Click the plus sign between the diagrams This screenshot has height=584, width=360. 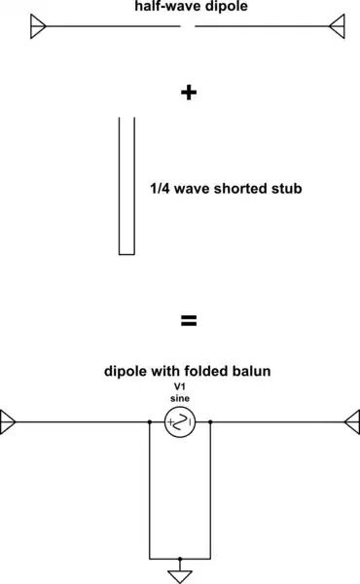click(x=189, y=92)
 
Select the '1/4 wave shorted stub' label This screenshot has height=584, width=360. click(x=227, y=187)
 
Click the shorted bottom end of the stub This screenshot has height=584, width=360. click(x=126, y=253)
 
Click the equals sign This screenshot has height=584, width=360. click(x=189, y=320)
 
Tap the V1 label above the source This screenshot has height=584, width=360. click(x=179, y=386)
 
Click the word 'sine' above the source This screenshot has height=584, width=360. click(x=179, y=399)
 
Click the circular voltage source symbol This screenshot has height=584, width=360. click(x=180, y=422)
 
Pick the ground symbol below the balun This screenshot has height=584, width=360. click(x=180, y=569)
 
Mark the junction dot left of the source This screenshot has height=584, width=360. click(x=149, y=422)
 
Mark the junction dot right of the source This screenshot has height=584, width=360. click(x=211, y=422)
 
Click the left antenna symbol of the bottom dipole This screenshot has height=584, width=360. click(x=9, y=422)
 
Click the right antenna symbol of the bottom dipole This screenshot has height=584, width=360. click(x=351, y=422)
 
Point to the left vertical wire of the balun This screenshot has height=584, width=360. click(x=149, y=492)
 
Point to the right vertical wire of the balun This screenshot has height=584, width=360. click(x=211, y=492)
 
